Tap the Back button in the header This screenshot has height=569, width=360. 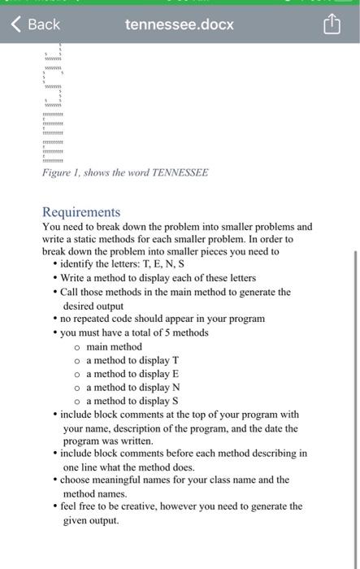point(36,24)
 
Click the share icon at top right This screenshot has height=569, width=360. point(332,24)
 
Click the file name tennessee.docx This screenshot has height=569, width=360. point(179,24)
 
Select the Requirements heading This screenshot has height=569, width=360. point(80,211)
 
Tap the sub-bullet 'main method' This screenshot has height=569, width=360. point(114,346)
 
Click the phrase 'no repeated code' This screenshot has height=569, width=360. point(96,319)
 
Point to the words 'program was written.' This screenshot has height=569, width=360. point(108,441)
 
